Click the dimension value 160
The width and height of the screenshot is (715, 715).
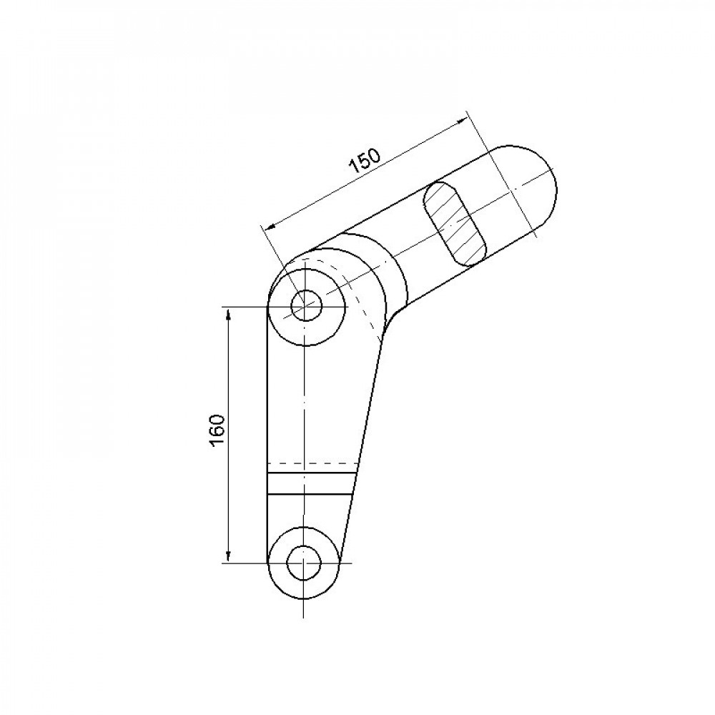coord(218,431)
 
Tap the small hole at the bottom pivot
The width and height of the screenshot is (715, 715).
coord(304,563)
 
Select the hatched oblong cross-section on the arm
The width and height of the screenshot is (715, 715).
coord(455,223)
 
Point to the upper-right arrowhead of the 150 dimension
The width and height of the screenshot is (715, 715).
coord(463,120)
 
